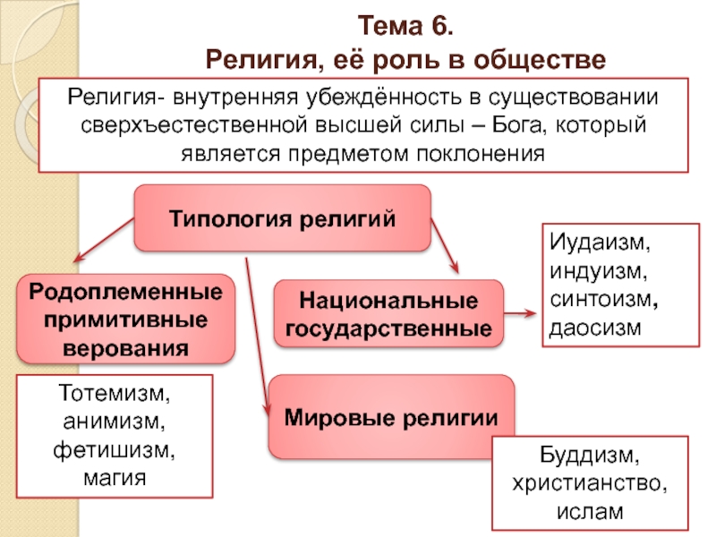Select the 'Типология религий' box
coord(282,217)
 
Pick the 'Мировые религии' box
coord(391,417)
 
